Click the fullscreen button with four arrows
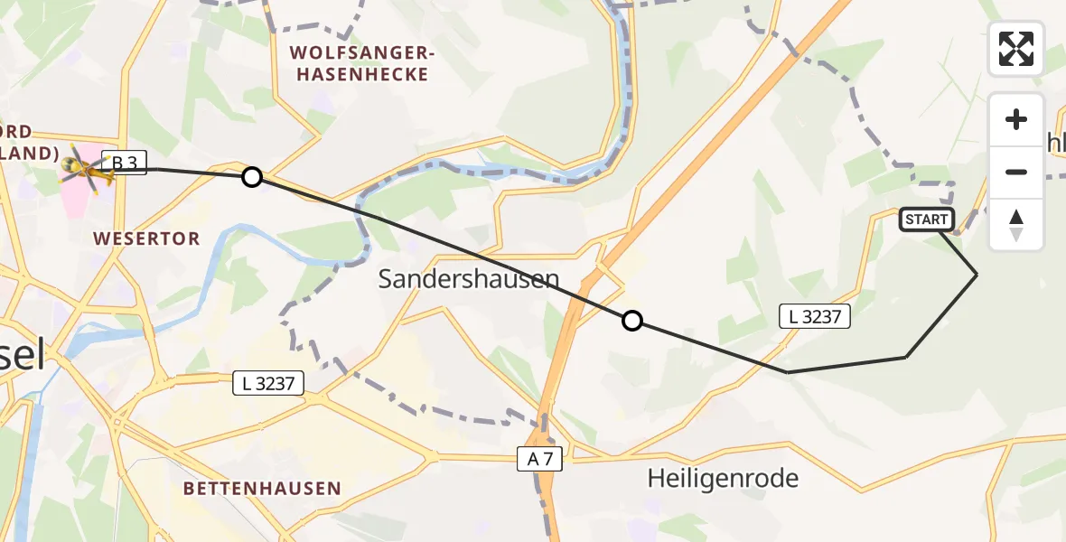(1016, 49)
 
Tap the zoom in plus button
(1016, 120)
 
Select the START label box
(926, 220)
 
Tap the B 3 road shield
(124, 164)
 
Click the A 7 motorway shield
(540, 460)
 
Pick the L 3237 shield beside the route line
(814, 316)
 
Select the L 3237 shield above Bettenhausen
(267, 383)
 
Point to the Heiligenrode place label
(723, 478)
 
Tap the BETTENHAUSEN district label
(262, 489)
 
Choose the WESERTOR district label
(146, 238)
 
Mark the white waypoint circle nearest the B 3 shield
(252, 177)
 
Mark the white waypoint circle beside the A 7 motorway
(632, 321)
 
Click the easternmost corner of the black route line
(977, 274)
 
